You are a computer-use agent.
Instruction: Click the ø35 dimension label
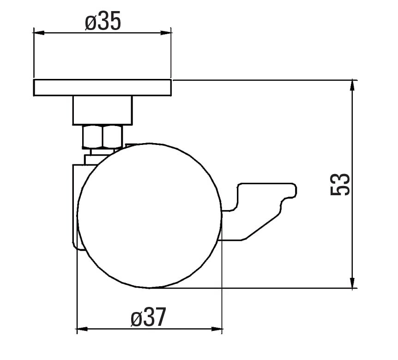tap(103, 21)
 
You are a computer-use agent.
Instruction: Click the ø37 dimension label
tap(149, 317)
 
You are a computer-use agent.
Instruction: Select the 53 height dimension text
tap(340, 184)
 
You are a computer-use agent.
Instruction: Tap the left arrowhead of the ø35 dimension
tap(39, 33)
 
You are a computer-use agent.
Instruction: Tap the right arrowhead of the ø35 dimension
tap(166, 33)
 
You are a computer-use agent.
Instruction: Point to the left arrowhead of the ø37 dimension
tap(82, 329)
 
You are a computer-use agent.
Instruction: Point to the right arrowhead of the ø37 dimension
tap(217, 329)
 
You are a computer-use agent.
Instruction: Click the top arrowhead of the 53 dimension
tap(352, 85)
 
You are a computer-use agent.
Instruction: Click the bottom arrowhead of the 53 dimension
tap(352, 282)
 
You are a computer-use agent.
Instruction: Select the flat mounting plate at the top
tap(103, 88)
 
